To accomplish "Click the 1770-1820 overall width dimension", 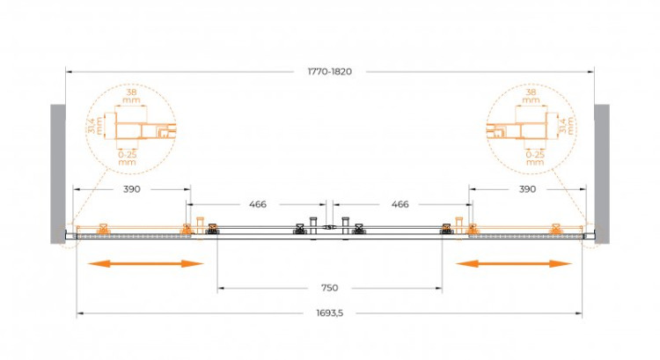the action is point(330,71).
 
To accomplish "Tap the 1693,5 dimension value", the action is point(330,313).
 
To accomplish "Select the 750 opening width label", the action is point(330,288).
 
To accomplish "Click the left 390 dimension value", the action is point(132,189).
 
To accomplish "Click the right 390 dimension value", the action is point(527,189).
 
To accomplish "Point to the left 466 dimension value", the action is point(258,204).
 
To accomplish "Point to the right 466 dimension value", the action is point(400,204).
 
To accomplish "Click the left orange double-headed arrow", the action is point(145,264).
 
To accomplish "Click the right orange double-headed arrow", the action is point(514,264).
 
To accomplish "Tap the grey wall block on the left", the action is point(58,174).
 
